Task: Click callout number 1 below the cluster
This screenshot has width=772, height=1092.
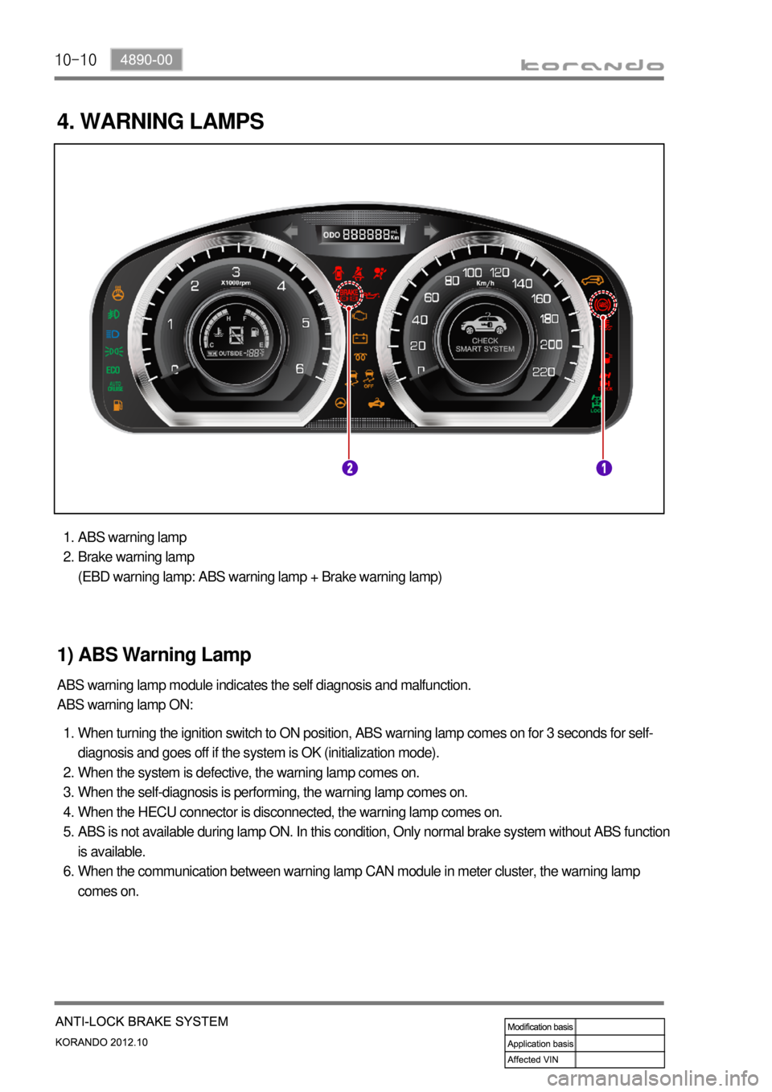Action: pos(604,468)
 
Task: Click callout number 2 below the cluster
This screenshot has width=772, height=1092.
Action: pos(349,468)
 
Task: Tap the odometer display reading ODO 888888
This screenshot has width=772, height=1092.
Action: pos(362,234)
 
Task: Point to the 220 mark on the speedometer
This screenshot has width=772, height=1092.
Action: pos(544,372)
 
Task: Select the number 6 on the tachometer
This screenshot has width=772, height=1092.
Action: pos(300,369)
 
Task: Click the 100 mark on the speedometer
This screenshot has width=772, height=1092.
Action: pos(472,273)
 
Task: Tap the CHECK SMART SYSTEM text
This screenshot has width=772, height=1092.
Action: pos(485,345)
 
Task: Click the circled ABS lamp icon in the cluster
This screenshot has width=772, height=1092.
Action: pos(602,304)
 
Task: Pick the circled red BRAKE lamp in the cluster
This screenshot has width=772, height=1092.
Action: pos(349,295)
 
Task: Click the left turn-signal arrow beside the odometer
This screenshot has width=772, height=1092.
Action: pos(290,232)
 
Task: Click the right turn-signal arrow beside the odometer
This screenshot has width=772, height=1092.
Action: pos(431,232)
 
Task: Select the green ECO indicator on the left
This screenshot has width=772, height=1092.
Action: pos(113,370)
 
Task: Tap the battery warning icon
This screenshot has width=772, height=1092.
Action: pos(360,338)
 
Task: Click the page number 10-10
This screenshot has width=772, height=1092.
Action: pos(76,60)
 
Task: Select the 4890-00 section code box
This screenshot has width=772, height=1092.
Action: pos(146,60)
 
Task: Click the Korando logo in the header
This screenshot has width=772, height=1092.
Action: pos(592,65)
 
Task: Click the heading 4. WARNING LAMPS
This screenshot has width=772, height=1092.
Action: pos(161,121)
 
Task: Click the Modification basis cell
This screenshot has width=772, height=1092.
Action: pos(540,1027)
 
